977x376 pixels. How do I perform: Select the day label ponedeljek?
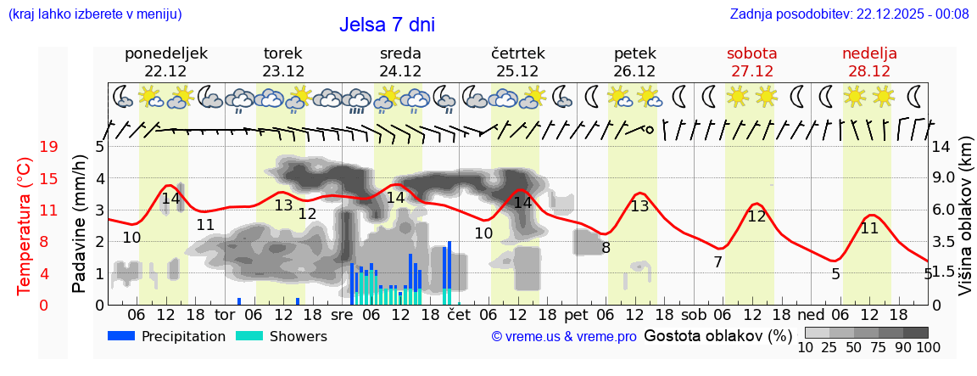pyautogui.click(x=166, y=53)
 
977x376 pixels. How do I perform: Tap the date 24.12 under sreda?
pyautogui.click(x=400, y=71)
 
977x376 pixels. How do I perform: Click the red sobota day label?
pyautogui.click(x=751, y=53)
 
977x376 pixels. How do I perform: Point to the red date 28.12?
pyautogui.click(x=869, y=71)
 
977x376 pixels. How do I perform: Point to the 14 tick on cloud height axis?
pyautogui.click(x=941, y=147)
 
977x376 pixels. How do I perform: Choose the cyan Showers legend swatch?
pyautogui.click(x=249, y=336)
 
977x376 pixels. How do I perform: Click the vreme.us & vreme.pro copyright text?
pyautogui.click(x=564, y=337)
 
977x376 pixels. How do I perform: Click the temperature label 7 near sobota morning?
pyautogui.click(x=717, y=262)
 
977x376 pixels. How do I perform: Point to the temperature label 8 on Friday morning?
pyautogui.click(x=606, y=248)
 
